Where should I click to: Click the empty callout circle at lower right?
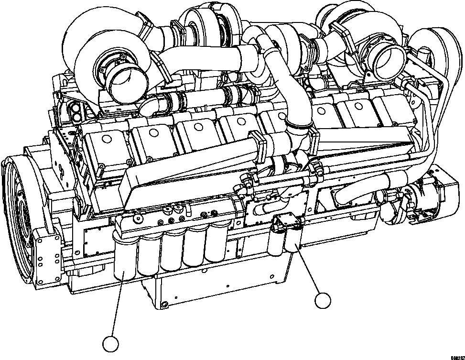pos(323,301)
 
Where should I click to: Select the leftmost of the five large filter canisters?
pos(125,259)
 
